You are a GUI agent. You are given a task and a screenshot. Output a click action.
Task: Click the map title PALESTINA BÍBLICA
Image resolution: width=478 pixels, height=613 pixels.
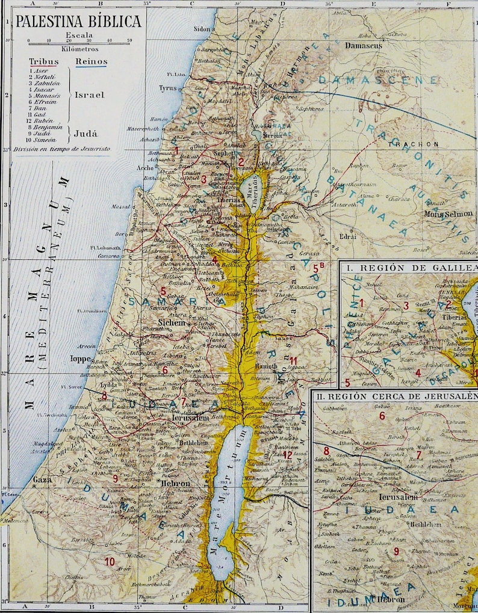point(78,22)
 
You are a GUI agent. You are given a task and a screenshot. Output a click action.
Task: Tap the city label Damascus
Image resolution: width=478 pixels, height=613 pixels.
point(364,45)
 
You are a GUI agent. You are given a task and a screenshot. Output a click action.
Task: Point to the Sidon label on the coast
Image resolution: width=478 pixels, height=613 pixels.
point(202,28)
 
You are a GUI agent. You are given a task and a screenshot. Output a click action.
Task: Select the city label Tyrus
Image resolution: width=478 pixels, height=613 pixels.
point(167,88)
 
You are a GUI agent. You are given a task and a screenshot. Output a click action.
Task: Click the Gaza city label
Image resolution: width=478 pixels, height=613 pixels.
point(42,479)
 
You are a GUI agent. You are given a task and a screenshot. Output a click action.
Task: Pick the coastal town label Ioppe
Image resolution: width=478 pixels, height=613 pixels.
point(81,359)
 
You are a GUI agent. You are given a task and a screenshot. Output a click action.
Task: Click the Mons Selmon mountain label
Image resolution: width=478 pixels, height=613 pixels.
point(449,214)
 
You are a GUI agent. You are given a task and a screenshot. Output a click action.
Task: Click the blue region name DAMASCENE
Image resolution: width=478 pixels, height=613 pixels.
point(377,79)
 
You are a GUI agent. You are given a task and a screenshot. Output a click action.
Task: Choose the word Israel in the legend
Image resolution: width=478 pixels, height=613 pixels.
point(89,95)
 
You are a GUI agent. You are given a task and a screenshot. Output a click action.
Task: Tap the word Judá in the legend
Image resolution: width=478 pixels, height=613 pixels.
point(87,134)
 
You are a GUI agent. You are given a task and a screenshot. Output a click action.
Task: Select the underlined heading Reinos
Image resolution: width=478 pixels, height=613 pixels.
point(92,62)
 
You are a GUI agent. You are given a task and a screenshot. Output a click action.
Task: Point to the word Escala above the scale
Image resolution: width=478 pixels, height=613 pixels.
point(79,34)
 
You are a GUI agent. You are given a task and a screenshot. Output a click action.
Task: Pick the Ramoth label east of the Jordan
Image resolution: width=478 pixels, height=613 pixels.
point(267,365)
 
